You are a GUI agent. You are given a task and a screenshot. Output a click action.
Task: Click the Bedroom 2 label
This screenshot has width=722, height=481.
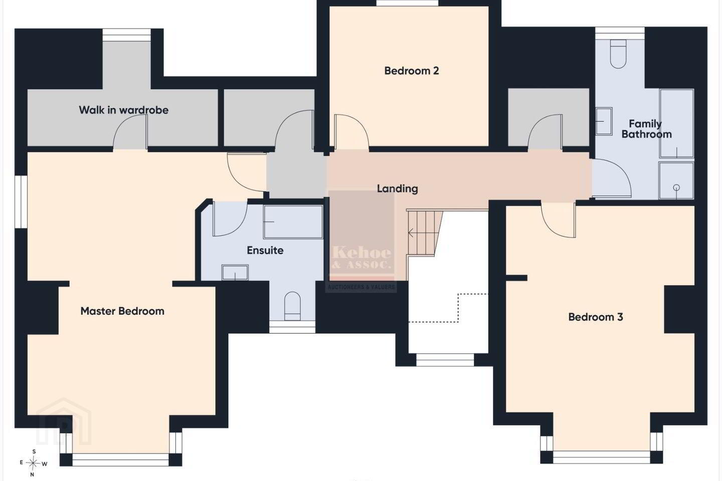point(412,71)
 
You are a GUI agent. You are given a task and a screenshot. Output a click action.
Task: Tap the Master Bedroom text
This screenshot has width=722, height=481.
point(122,311)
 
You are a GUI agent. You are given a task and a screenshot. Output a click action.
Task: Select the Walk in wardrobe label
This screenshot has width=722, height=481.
point(124,110)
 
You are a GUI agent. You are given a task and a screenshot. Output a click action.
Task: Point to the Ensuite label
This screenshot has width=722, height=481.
point(265,251)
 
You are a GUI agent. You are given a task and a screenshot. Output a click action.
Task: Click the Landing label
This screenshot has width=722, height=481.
point(398,189)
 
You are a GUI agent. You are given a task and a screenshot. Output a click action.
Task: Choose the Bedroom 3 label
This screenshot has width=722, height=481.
point(596,317)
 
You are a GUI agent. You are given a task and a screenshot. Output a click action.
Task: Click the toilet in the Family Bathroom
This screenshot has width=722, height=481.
point(618,54)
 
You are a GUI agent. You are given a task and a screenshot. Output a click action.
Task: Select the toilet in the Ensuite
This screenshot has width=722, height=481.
point(292,306)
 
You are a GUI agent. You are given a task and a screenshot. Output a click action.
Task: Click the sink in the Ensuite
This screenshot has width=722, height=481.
point(235,273)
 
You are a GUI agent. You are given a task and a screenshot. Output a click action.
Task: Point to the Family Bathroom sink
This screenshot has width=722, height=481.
point(604,121)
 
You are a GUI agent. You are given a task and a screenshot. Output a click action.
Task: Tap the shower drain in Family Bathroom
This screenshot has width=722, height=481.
point(676,187)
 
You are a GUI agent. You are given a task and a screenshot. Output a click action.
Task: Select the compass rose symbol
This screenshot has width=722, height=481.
point(34,463)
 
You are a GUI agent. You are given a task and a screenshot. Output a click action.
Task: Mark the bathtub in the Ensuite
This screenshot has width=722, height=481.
point(293,222)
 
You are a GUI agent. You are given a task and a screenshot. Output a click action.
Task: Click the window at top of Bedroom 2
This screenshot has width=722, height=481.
point(408,3)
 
